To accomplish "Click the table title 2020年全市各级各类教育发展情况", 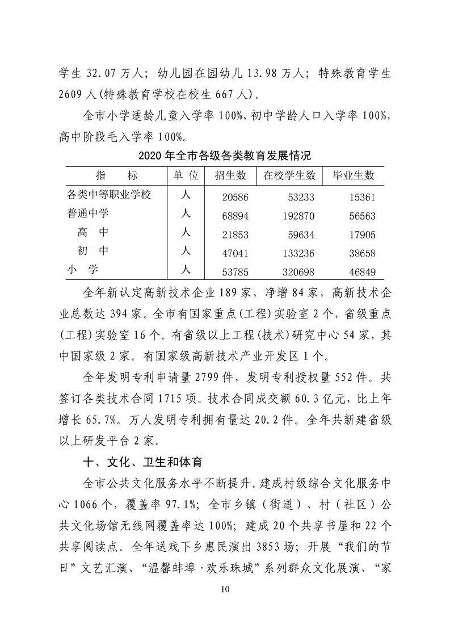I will pos(225,155).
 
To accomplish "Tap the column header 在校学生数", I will pos(289,175).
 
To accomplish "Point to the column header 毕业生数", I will pos(353,175).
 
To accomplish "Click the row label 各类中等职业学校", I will pos(109,195).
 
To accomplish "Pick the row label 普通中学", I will pos(87,213).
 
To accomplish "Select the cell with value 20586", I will pos(234,196).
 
